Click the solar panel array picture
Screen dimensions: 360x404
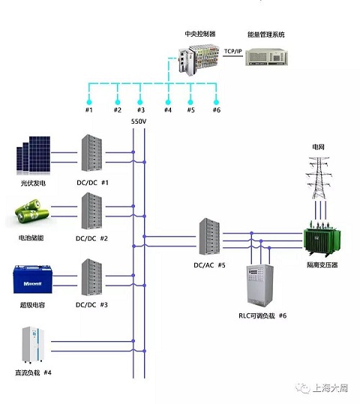click(x=33, y=154)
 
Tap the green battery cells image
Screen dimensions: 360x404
click(x=31, y=211)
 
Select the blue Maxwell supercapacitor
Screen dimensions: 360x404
click(x=33, y=280)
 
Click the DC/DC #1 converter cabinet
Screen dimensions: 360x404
click(x=91, y=153)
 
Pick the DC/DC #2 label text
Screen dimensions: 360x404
click(x=91, y=238)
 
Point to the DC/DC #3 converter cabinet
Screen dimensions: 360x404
click(x=91, y=277)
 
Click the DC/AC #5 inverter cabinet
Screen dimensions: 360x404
click(x=209, y=237)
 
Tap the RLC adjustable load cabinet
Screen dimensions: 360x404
click(x=260, y=286)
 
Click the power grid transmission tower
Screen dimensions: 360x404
click(x=319, y=178)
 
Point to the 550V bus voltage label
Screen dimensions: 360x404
click(x=139, y=121)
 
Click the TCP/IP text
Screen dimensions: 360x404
click(x=233, y=51)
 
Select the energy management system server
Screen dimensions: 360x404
click(x=266, y=57)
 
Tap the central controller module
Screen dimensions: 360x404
click(x=199, y=60)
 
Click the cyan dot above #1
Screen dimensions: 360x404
click(x=89, y=102)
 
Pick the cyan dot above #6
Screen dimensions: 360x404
click(x=216, y=102)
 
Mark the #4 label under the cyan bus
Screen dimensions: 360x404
click(x=168, y=110)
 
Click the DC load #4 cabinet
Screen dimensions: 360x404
click(x=33, y=345)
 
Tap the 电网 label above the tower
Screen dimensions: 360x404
click(x=318, y=147)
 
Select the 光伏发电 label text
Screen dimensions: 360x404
click(x=33, y=183)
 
